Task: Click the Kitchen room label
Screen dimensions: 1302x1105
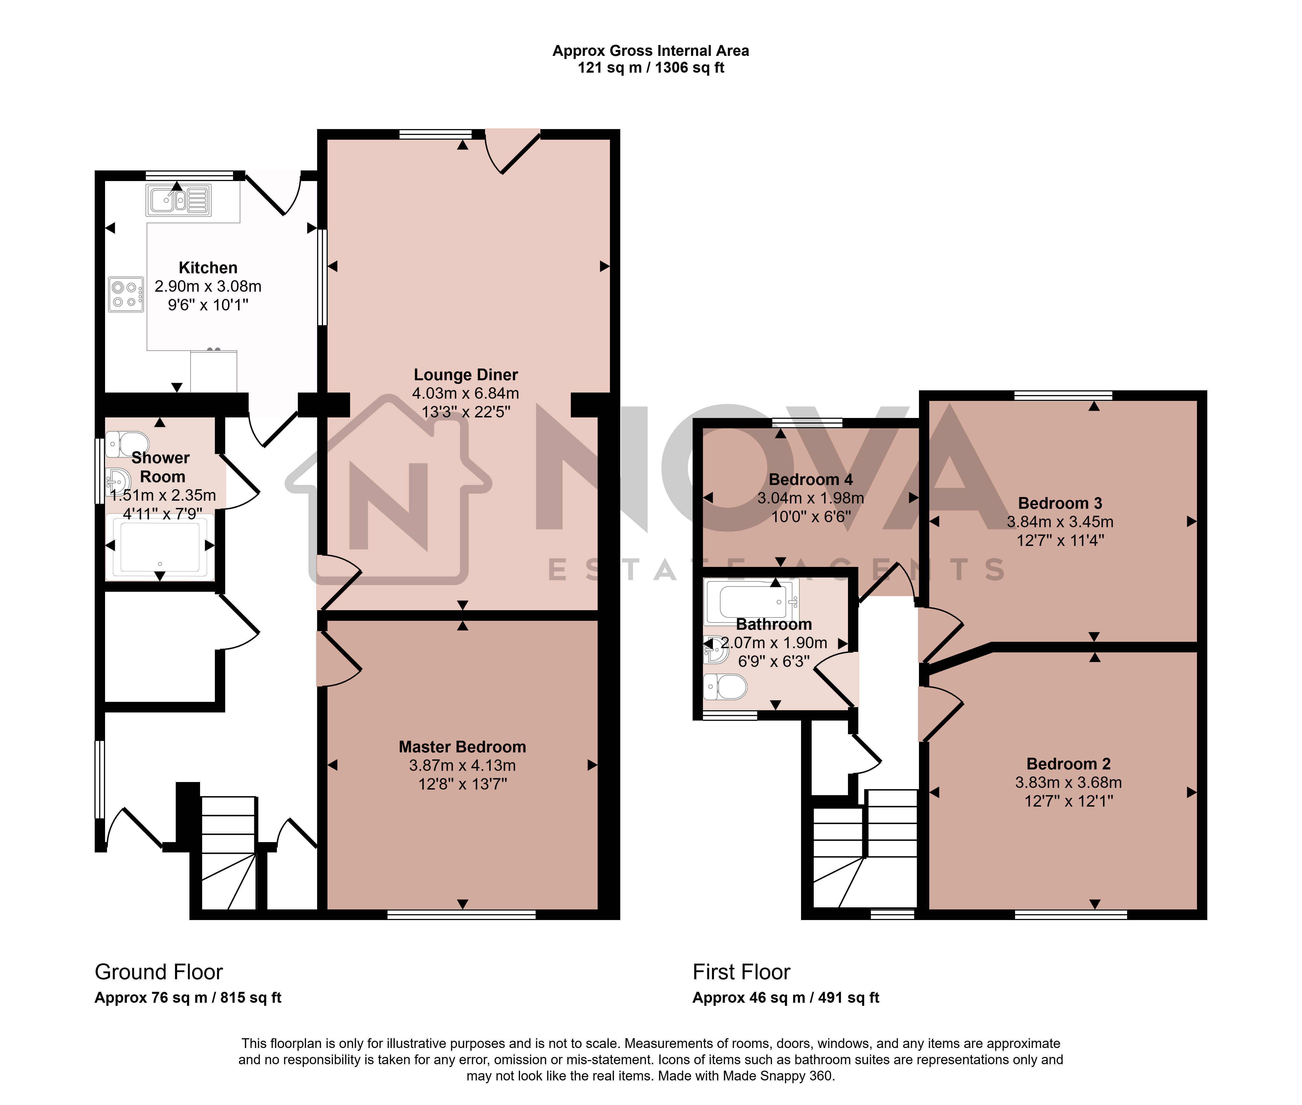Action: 208,268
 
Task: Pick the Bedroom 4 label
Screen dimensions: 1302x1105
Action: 810,480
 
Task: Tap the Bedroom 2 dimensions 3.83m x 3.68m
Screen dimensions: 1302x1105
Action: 1068,782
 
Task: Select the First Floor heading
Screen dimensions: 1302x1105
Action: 742,972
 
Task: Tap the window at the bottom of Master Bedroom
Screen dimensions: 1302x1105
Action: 462,914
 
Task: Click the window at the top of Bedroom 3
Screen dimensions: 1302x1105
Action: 1063,395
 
